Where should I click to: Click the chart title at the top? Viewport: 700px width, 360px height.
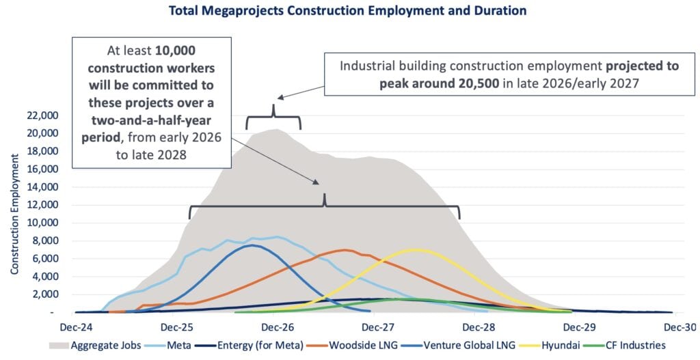tap(349, 10)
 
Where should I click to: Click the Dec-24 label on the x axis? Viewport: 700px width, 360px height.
tap(77, 327)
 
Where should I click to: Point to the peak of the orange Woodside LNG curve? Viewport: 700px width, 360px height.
tap(346, 249)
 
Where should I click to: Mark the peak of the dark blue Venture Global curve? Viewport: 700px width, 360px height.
tap(253, 245)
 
